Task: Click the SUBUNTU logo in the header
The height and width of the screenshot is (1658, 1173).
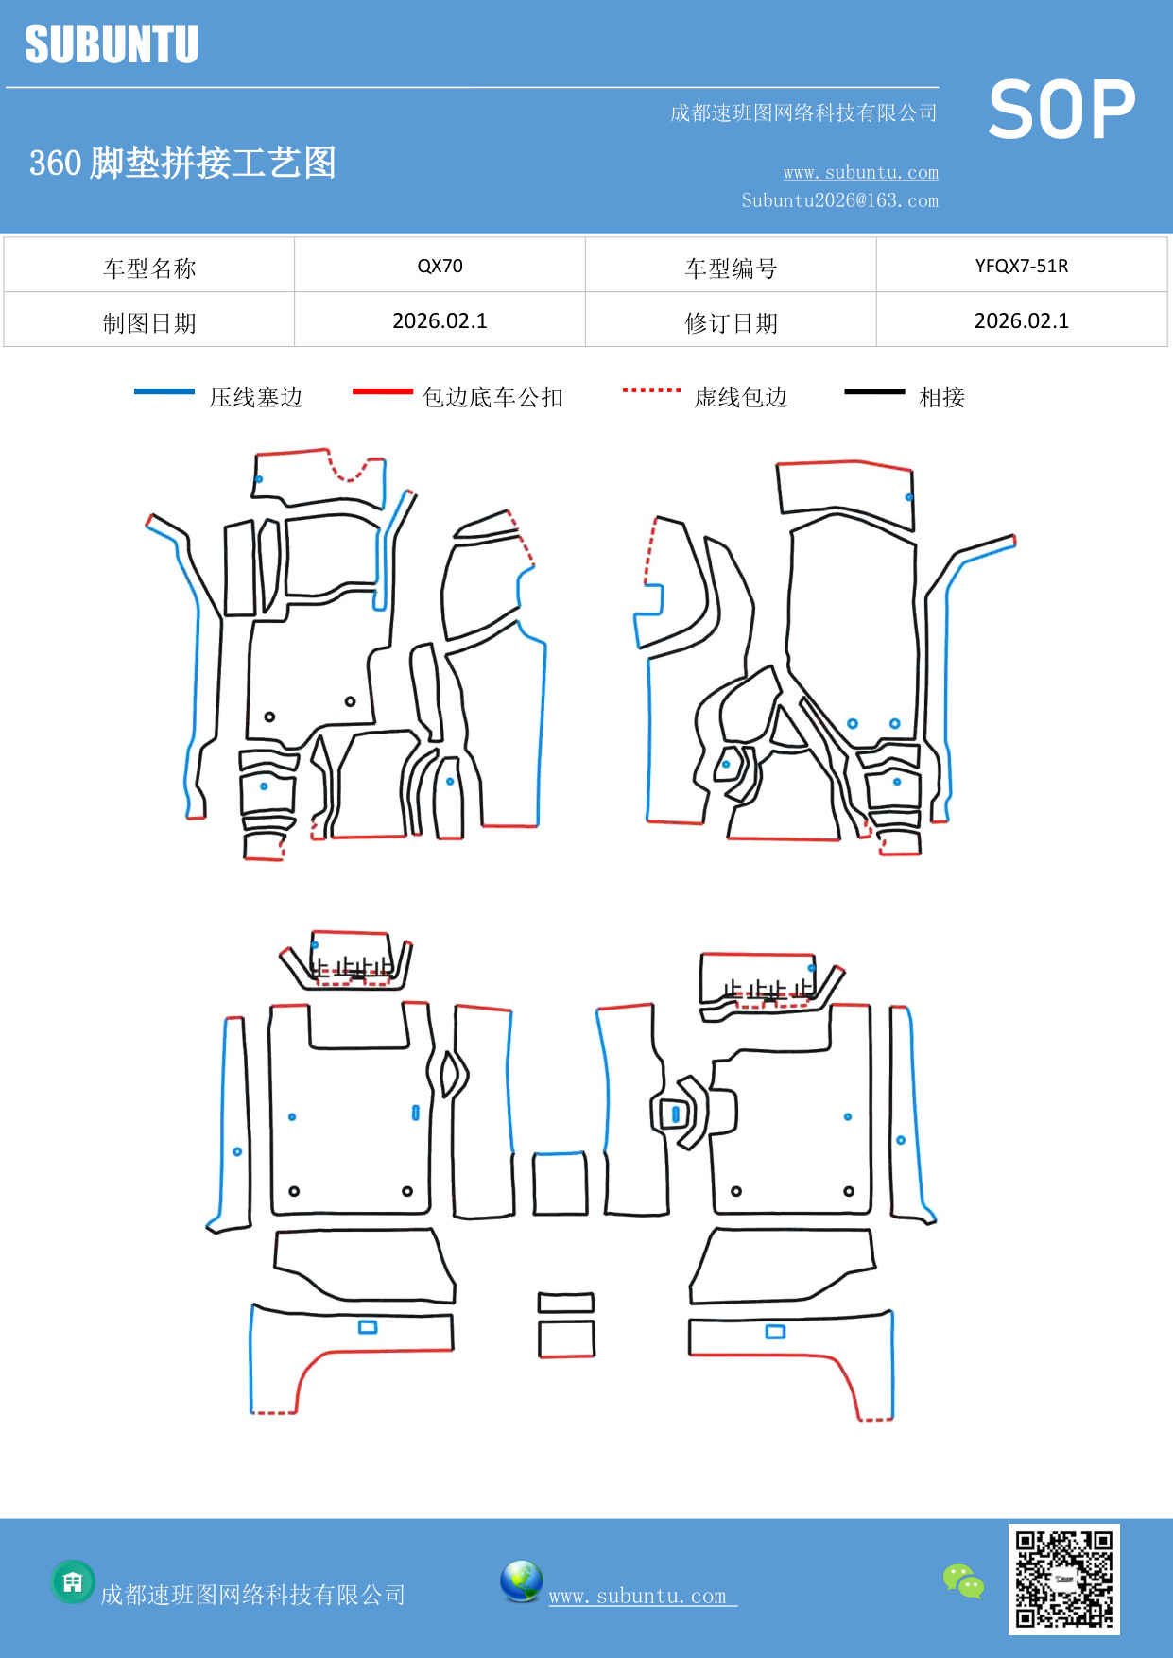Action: point(112,44)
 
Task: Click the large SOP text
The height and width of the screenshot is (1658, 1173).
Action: point(1061,110)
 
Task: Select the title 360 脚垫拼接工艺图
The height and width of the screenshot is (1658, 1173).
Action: point(182,163)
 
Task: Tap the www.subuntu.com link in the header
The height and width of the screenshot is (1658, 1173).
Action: point(860,172)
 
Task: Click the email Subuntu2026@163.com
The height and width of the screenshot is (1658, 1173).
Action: point(839,200)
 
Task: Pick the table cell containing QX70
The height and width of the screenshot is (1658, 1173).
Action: point(440,266)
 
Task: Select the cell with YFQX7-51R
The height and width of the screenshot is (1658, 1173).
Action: point(1021,266)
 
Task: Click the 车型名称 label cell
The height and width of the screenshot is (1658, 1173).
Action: point(149,268)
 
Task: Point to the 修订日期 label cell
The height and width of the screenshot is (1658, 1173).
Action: point(731,323)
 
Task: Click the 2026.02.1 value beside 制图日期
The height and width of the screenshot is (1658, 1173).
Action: point(440,321)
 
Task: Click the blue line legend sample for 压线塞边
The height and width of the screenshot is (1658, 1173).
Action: point(164,391)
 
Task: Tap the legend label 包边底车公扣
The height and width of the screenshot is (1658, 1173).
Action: point(492,397)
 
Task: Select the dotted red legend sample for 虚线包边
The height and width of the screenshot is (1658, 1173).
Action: point(651,390)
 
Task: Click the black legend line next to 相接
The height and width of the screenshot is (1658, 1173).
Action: point(874,391)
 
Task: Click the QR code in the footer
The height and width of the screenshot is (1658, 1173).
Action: point(1063,1579)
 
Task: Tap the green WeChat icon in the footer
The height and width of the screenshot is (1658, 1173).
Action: point(963,1580)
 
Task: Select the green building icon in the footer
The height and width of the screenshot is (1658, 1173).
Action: point(73,1581)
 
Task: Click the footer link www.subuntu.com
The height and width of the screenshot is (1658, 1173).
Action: point(638,1596)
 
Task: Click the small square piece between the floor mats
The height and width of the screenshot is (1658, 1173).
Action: point(560,1183)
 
